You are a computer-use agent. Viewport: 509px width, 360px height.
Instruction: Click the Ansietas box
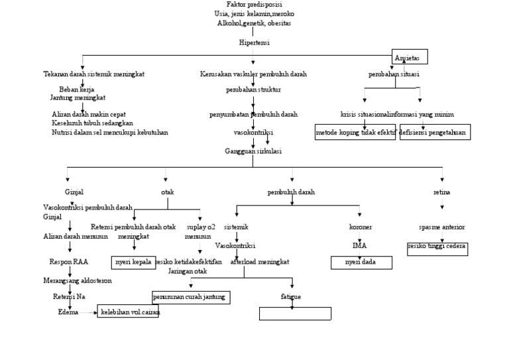pos(410,57)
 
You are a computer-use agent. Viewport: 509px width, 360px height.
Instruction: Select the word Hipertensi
pos(254,42)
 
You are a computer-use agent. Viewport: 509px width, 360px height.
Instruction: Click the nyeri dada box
pos(361,263)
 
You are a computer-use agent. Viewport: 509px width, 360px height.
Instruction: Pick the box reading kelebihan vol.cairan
pos(128,312)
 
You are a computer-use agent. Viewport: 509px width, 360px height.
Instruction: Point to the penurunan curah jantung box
pos(191,297)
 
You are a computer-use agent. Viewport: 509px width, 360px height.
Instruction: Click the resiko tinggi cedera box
pos(437,248)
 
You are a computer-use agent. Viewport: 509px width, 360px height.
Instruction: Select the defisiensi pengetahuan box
pos(435,133)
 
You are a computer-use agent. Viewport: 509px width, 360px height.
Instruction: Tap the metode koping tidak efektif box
pos(355,133)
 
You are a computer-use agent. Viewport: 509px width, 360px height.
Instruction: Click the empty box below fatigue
pos(294,313)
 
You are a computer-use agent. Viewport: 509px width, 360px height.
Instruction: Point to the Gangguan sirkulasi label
pos(253,151)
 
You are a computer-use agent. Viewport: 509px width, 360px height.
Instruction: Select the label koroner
pos(361,227)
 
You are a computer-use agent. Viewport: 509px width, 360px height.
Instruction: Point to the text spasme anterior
pos(442,227)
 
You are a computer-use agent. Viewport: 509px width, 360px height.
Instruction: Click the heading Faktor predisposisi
pos(254,5)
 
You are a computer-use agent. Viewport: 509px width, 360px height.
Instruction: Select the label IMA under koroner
pos(360,245)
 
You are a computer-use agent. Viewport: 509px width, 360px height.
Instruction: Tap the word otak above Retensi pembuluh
pos(167,192)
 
